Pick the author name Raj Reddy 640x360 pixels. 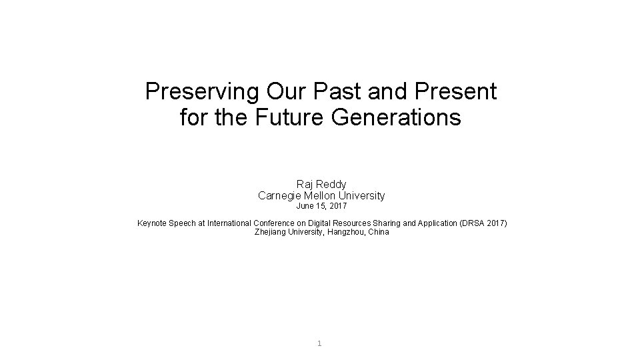(321, 184)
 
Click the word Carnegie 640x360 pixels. (278, 196)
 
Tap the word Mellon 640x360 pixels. (319, 196)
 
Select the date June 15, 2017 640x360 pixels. (321, 207)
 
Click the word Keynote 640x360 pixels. (154, 223)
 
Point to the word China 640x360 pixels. (377, 232)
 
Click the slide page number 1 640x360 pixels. (320, 344)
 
